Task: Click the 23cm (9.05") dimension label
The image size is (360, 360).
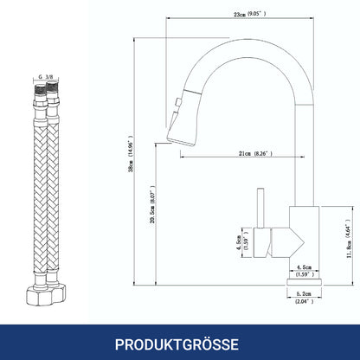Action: (250, 14)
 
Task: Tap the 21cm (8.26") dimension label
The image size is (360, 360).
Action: (255, 153)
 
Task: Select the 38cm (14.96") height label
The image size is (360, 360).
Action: (132, 153)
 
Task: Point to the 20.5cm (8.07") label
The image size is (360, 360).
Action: (153, 205)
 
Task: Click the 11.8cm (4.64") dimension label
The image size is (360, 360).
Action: (349, 238)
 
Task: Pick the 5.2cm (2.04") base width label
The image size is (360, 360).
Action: (304, 298)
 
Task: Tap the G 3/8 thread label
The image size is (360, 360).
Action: (46, 77)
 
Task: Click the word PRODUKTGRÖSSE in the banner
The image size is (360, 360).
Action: (177, 344)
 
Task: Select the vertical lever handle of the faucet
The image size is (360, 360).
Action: (261, 208)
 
